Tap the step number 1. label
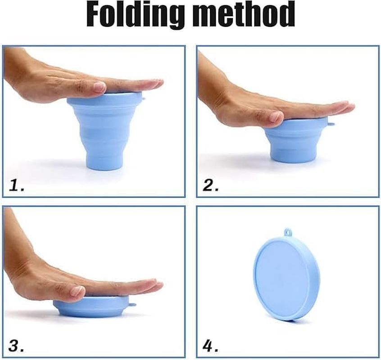pyautogui.click(x=17, y=185)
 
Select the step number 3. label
pyautogui.click(x=17, y=346)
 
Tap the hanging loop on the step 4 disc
pyautogui.click(x=287, y=233)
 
